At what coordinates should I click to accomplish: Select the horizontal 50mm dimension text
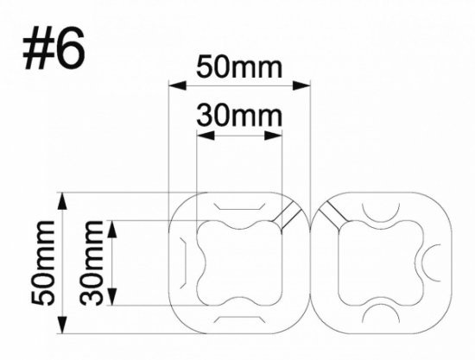point(237,66)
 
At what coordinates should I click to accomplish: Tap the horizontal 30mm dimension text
point(237,113)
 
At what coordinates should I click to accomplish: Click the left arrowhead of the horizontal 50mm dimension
point(173,85)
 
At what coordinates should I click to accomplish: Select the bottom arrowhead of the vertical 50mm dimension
point(61,329)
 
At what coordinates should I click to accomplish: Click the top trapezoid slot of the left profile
point(238,207)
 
